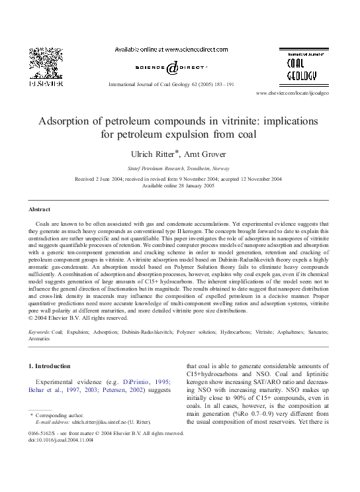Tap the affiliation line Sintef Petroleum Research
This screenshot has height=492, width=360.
click(x=179, y=169)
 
